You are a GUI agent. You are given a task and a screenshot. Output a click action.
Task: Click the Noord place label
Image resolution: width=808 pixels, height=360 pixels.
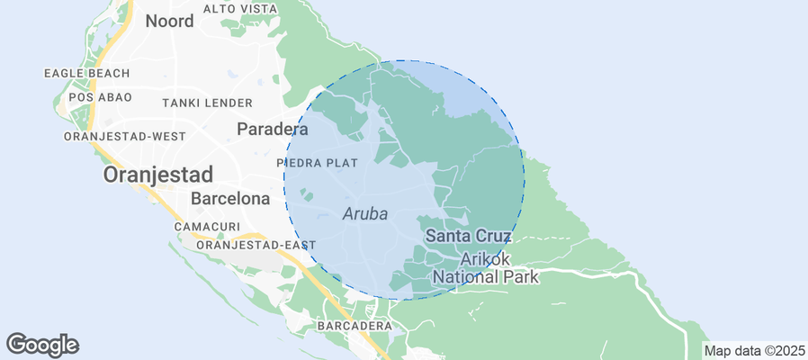[169, 21]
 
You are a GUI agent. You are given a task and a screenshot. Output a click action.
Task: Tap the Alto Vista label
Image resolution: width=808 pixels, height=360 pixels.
[240, 8]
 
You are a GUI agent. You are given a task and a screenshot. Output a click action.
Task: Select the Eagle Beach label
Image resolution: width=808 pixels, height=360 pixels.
[86, 73]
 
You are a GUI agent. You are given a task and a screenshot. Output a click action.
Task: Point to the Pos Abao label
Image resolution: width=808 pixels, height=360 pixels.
[100, 96]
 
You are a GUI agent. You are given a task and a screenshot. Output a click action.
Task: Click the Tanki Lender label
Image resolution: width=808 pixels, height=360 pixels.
[207, 103]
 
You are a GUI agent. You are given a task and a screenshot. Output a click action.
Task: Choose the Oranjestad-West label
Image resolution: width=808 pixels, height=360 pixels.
[125, 136]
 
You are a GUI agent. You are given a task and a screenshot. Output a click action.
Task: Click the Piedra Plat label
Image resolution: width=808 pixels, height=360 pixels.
[319, 163]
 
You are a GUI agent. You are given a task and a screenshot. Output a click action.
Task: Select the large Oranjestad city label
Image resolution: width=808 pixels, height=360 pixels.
[158, 175]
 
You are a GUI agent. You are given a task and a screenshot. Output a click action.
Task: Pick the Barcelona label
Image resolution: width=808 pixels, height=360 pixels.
[230, 198]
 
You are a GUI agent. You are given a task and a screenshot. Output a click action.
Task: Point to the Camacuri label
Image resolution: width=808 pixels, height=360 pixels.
[207, 227]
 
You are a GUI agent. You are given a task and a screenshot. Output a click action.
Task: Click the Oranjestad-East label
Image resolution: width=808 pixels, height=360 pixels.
[256, 245]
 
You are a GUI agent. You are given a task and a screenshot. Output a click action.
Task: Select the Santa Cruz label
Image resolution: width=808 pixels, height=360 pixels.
[468, 236]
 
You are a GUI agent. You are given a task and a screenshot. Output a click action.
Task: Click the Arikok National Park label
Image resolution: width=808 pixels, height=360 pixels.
[486, 268]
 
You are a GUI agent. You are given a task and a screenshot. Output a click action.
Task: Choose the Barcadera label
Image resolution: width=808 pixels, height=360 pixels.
[354, 324]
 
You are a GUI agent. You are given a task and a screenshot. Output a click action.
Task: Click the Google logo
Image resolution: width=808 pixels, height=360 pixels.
[42, 344]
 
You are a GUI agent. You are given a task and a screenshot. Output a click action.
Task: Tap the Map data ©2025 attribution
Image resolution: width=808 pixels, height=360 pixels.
[754, 350]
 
